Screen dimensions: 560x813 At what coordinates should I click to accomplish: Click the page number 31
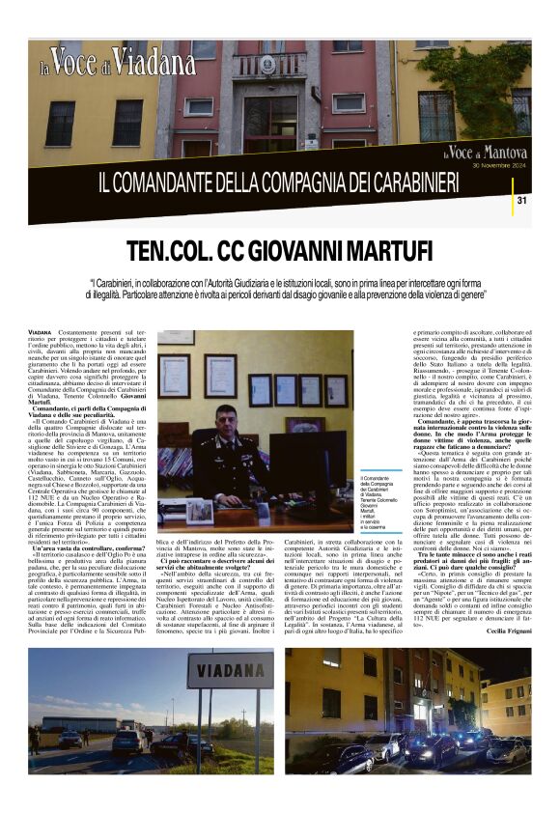coord(521,200)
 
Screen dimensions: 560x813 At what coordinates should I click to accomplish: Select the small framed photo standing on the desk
coord(199,510)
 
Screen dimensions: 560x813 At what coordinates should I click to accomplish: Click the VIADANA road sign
coord(219,670)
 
